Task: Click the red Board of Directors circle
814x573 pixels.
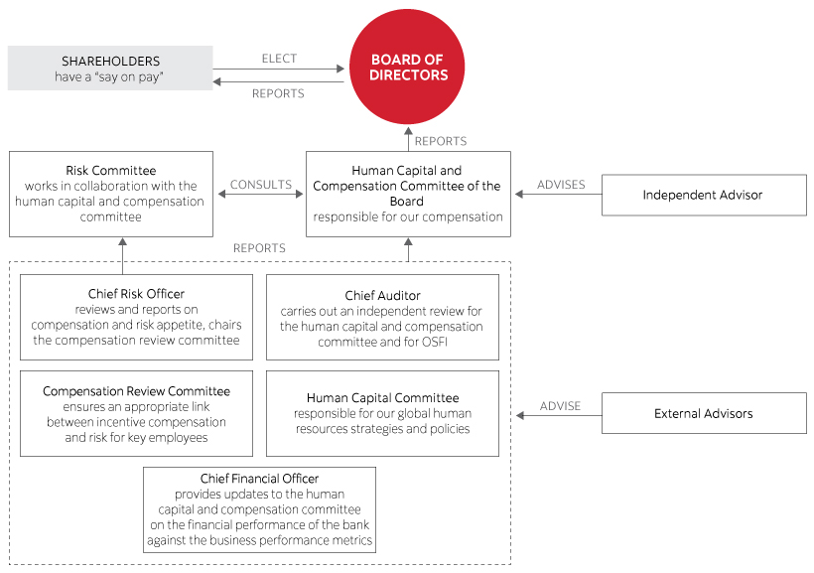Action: click(409, 69)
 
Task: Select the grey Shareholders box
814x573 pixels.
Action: click(110, 68)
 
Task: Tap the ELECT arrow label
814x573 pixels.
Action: click(279, 59)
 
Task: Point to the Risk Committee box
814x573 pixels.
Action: click(110, 194)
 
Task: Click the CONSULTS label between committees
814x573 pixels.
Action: click(260, 185)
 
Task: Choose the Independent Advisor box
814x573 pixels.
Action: click(703, 195)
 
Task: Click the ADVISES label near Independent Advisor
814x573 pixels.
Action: click(560, 185)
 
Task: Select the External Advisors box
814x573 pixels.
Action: click(703, 413)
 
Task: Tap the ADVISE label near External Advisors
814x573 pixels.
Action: click(559, 406)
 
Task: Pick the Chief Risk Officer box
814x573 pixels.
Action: click(137, 317)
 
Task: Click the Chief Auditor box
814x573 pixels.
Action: click(382, 317)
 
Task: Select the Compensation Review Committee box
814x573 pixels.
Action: click(137, 413)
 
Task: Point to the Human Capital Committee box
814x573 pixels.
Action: click(382, 413)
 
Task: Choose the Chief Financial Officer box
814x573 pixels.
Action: click(259, 509)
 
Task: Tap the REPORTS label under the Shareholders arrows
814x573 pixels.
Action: click(278, 94)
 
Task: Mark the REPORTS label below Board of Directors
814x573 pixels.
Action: click(440, 142)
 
